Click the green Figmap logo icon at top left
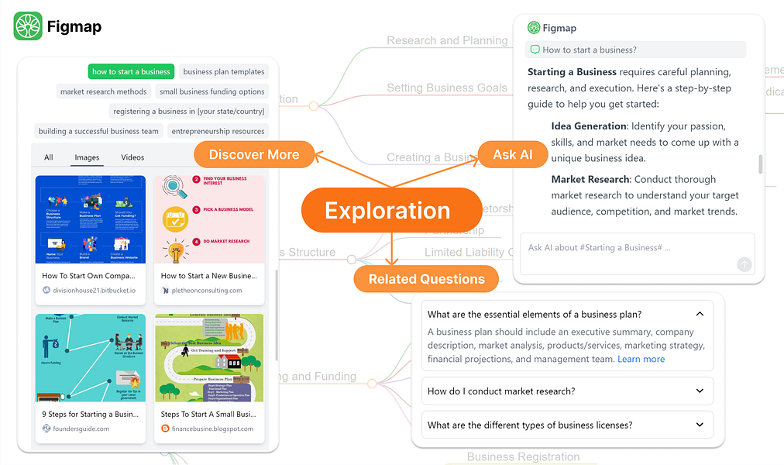click(28, 27)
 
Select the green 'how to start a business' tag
click(131, 72)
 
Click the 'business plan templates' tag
click(224, 72)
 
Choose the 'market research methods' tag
click(104, 92)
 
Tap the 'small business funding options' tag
click(211, 92)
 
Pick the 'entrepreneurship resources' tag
click(218, 132)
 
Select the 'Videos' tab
click(132, 157)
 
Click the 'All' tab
click(49, 157)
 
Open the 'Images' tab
click(87, 157)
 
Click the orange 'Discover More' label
click(254, 155)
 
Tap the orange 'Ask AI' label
click(513, 155)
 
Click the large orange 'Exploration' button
click(387, 211)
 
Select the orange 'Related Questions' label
click(426, 279)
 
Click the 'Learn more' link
click(641, 360)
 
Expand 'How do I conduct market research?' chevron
click(700, 391)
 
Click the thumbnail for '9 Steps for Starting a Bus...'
click(91, 357)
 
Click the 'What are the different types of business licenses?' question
click(530, 425)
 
